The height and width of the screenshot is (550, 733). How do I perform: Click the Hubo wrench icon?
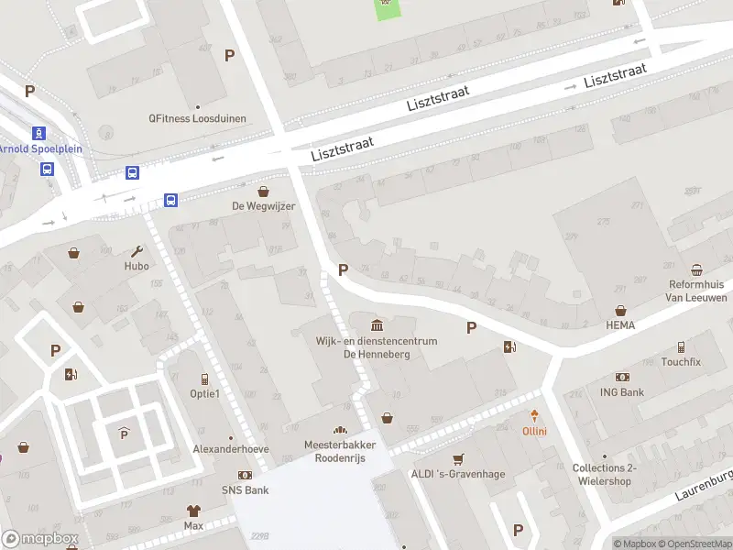137,251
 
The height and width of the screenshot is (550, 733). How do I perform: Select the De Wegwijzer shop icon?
264,192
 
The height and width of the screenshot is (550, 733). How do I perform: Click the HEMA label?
620,324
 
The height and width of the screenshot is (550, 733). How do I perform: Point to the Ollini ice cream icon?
534,416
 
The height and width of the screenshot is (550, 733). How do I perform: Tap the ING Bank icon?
623,378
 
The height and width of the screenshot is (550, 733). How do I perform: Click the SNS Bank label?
245,490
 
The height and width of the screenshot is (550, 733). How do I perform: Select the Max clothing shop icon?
193,511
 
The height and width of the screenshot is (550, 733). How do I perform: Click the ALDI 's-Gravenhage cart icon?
458,458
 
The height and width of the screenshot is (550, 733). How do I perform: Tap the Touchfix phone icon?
681,347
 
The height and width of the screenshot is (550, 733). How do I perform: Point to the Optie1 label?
204,393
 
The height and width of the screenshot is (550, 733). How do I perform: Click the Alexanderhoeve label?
231,449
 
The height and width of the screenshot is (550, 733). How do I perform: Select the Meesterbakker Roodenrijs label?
341,451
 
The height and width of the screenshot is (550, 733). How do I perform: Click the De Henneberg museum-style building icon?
377,324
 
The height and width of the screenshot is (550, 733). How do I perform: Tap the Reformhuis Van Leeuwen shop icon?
697,269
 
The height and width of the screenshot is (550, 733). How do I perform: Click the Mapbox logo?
40,539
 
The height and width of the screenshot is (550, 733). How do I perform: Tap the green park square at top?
388,7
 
